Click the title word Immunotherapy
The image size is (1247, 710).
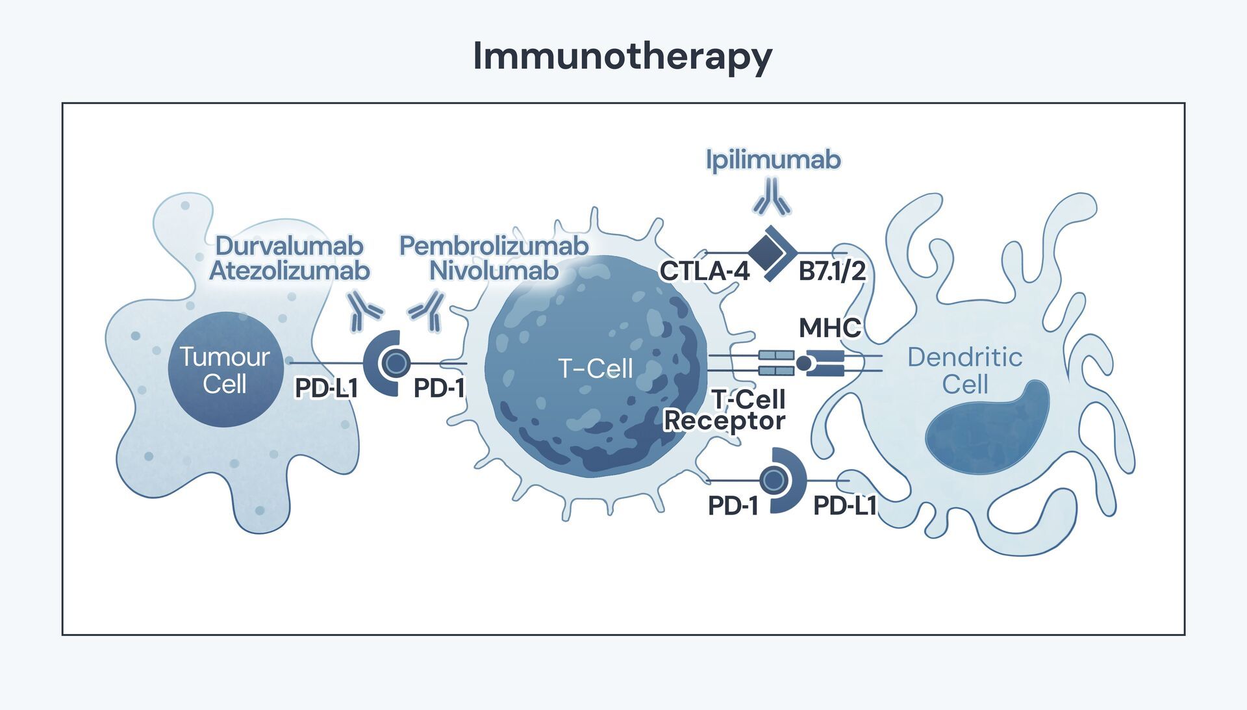tap(622, 57)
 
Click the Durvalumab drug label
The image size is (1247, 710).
tap(289, 246)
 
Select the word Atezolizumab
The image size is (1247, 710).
tap(289, 271)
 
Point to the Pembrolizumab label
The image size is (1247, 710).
tap(494, 246)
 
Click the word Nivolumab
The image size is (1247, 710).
tap(494, 271)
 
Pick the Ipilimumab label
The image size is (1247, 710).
tap(773, 160)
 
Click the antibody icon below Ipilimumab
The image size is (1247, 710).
tap(772, 197)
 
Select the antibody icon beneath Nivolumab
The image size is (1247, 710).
tap(427, 311)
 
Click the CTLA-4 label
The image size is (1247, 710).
tap(704, 271)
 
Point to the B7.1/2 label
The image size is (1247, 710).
tap(832, 271)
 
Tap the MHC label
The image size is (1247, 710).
tap(829, 328)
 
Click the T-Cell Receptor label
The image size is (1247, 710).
tap(725, 410)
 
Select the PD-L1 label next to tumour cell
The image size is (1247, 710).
tap(326, 388)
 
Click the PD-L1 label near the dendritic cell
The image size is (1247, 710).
tap(844, 505)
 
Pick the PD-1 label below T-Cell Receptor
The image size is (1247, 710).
tap(733, 506)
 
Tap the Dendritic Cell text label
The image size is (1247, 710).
tap(964, 370)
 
